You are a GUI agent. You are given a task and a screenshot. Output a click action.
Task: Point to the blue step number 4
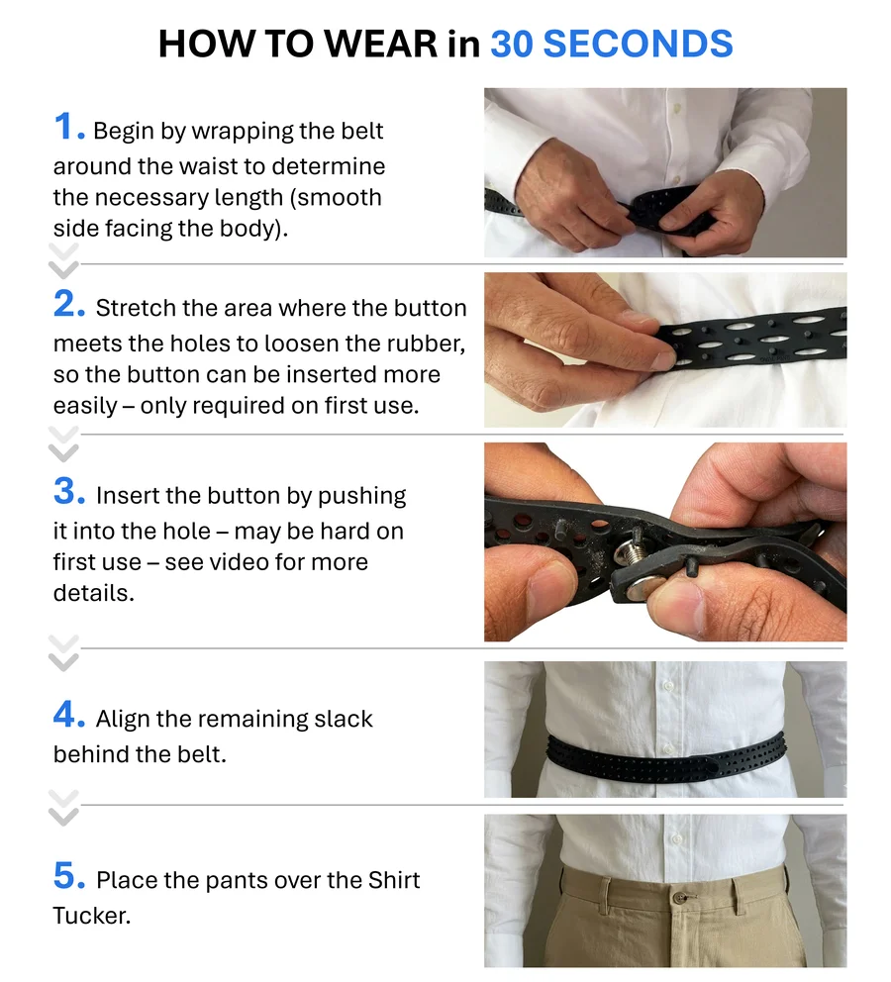(68, 716)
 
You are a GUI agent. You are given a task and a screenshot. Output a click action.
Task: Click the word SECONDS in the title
(639, 45)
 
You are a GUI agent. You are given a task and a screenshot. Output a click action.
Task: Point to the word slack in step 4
(342, 719)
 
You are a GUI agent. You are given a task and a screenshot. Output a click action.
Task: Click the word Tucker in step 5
(91, 916)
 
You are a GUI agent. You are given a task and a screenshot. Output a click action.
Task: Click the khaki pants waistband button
(679, 898)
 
